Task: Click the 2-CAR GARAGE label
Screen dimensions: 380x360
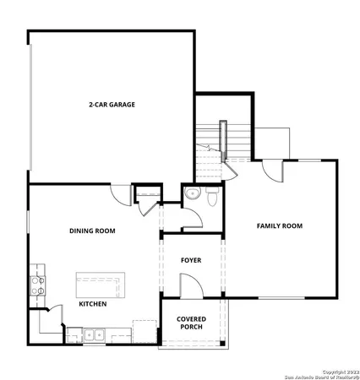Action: coord(112,105)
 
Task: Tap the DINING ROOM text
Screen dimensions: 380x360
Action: coord(92,231)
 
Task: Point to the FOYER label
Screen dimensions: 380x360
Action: coord(190,260)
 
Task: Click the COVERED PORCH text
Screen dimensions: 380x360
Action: coord(191,323)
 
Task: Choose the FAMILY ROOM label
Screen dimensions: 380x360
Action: coord(280,225)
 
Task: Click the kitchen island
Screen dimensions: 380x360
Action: coord(100,282)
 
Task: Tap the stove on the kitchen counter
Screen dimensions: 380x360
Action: coord(37,285)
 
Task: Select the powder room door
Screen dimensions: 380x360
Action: coord(194,219)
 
